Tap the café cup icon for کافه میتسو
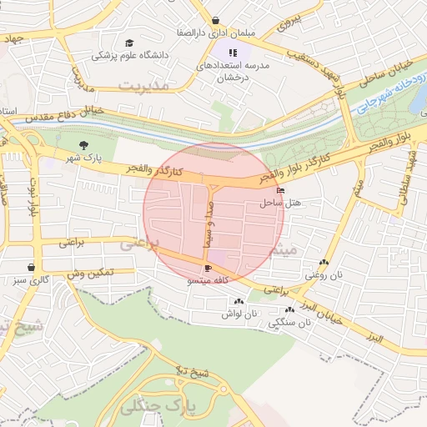(208, 269)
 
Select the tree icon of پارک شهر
(82, 147)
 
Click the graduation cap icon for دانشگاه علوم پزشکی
(128, 43)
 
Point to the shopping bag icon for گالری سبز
(32, 268)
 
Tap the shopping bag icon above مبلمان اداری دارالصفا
(216, 21)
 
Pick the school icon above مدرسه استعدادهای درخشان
(221, 53)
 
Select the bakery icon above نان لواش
(239, 302)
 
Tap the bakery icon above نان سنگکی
(289, 309)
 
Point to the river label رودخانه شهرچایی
(389, 91)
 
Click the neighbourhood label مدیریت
(143, 85)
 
